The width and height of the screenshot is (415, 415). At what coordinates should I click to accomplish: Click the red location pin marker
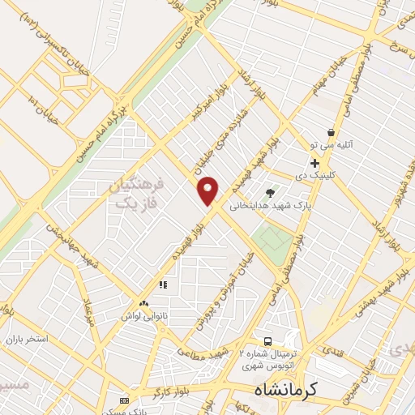click(x=208, y=190)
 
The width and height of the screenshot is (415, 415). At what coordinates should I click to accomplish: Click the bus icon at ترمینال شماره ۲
click(x=268, y=339)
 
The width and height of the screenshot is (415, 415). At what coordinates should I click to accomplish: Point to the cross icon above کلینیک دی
click(x=314, y=163)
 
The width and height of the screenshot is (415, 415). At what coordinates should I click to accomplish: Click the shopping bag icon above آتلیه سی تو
click(x=331, y=132)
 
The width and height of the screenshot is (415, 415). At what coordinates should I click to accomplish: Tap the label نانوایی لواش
click(x=144, y=314)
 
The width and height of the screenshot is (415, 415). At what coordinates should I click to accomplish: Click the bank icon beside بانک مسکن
click(x=124, y=400)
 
